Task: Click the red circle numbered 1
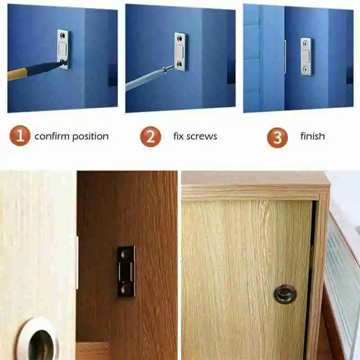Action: click(x=20, y=136)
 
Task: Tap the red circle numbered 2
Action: click(x=151, y=136)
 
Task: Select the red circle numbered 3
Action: click(x=277, y=137)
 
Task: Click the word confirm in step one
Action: click(x=52, y=136)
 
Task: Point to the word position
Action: click(x=90, y=137)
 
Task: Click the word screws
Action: click(x=202, y=136)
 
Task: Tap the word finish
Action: click(x=313, y=136)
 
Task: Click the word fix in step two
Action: click(x=178, y=136)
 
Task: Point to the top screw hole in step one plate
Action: click(x=63, y=36)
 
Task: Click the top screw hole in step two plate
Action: click(x=180, y=38)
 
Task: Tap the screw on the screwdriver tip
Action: click(x=167, y=68)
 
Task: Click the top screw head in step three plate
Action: click(x=306, y=44)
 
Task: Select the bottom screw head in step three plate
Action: click(x=306, y=69)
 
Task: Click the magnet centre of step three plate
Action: click(x=306, y=56)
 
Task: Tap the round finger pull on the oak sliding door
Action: click(x=285, y=294)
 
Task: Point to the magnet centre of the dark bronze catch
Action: click(x=126, y=270)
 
